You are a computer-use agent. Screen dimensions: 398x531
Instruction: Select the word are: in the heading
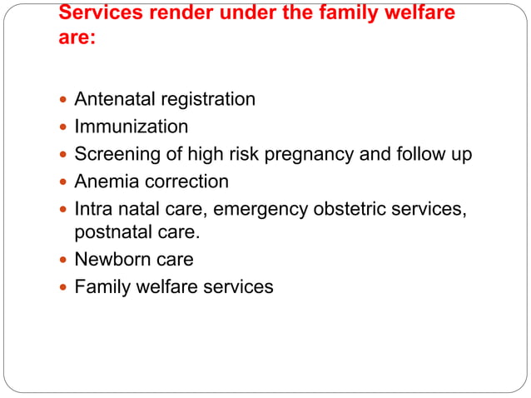pos(77,38)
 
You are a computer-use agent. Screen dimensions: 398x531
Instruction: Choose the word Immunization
pos(132,127)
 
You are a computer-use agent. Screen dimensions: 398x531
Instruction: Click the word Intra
pos(94,207)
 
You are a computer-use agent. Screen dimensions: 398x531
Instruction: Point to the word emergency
pos(261,207)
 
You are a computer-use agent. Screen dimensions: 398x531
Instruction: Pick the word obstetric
pos(352,207)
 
